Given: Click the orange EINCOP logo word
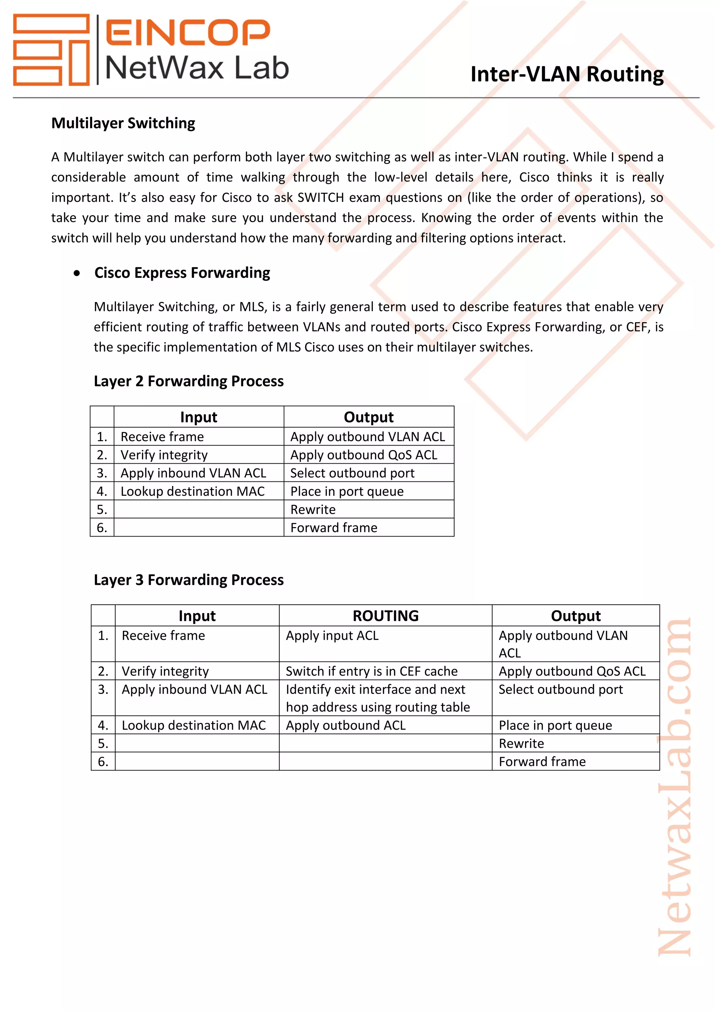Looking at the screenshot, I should pyautogui.click(x=187, y=32).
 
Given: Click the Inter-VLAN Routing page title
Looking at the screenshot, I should pyautogui.click(x=567, y=74).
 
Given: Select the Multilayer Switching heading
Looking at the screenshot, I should pyautogui.click(x=123, y=123).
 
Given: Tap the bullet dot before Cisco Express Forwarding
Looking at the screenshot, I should pyautogui.click(x=77, y=273).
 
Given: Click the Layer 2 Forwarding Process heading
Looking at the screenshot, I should pyautogui.click(x=189, y=381).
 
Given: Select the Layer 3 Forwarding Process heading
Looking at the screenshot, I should pyautogui.click(x=189, y=580).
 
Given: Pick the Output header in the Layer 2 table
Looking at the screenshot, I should pyautogui.click(x=369, y=417).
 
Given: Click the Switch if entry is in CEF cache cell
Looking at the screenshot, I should pyautogui.click(x=371, y=671).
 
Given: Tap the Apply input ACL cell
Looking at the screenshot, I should pyautogui.click(x=332, y=635).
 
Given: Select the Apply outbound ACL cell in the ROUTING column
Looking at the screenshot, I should pyautogui.click(x=346, y=725).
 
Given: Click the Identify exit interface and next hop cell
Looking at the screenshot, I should pyautogui.click(x=377, y=698).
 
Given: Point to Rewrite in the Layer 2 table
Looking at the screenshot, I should pyautogui.click(x=313, y=509).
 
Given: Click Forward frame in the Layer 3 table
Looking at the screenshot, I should pyautogui.click(x=542, y=762).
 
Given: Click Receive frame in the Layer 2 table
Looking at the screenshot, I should pyautogui.click(x=162, y=437).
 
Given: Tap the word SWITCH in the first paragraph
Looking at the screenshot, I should pyautogui.click(x=320, y=197).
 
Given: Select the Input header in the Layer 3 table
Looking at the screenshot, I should pyautogui.click(x=197, y=615).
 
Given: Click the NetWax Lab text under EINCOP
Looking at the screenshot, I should pyautogui.click(x=197, y=68).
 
